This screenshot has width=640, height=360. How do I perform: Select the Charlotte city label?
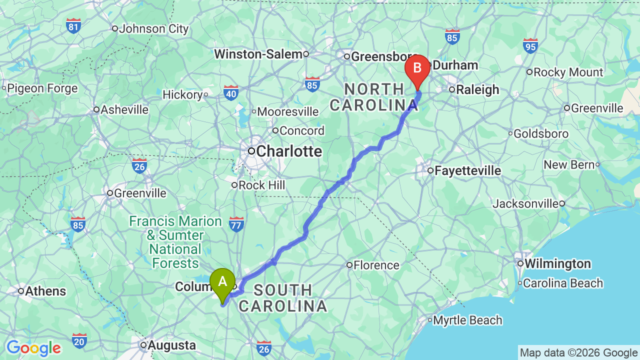click(288, 151)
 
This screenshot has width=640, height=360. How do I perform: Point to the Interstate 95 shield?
click(530, 46)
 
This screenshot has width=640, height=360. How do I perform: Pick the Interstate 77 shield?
click(236, 224)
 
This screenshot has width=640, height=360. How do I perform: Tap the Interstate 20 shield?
click(79, 341)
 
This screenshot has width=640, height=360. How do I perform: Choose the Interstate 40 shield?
click(231, 92)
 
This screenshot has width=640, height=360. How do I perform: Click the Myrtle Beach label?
click(467, 320)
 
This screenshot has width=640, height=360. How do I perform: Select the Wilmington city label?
click(557, 263)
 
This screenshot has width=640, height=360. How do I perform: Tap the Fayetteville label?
click(467, 170)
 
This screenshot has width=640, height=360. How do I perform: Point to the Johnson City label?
click(153, 28)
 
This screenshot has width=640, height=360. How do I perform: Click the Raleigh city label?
click(477, 89)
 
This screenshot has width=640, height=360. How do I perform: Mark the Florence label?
click(376, 265)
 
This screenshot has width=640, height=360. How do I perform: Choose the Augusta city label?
click(171, 345)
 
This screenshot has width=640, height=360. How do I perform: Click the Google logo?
click(33, 348)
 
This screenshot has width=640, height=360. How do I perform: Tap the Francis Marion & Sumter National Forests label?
click(175, 242)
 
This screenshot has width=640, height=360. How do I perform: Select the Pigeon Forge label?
click(42, 88)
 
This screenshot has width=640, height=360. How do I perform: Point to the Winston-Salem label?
click(258, 54)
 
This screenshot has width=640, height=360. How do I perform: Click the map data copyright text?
click(578, 353)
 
